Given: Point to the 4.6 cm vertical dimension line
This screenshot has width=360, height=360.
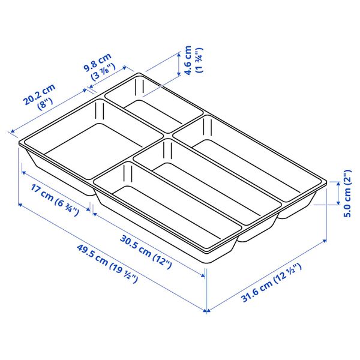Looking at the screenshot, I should coord(178,63).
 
